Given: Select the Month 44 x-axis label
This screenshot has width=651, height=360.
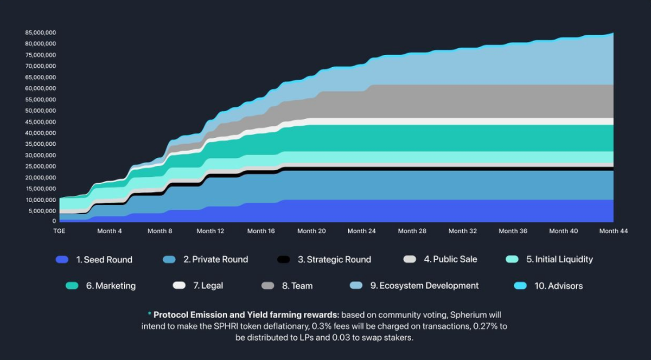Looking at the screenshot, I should tap(614, 231).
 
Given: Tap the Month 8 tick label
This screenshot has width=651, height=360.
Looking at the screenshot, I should tap(159, 231).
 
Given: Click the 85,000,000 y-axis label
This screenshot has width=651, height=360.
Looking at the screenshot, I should tap(41, 33).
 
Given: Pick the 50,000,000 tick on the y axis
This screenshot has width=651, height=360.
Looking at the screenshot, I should tap(41, 111).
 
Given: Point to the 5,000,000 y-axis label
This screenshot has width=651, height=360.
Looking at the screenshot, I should tap(42, 210).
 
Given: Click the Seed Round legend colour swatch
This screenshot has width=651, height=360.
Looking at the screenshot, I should tap(62, 260).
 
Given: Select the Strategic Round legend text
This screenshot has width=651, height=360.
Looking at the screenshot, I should tap(334, 260).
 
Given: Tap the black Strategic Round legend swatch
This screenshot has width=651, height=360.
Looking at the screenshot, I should tap(284, 260).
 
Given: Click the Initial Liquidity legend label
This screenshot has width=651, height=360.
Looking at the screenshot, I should tap(559, 259).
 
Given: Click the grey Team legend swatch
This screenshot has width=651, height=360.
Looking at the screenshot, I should tap(268, 286).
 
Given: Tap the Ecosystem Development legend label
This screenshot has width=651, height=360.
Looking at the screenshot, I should tap(424, 286).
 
